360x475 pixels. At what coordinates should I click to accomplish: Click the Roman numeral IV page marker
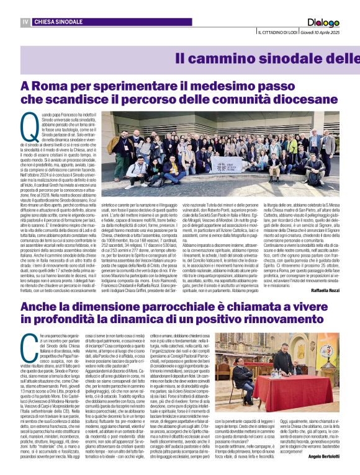point(25,22)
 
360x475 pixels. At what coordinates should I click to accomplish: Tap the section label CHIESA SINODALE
point(59,22)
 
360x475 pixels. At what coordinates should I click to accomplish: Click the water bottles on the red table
point(273,370)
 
